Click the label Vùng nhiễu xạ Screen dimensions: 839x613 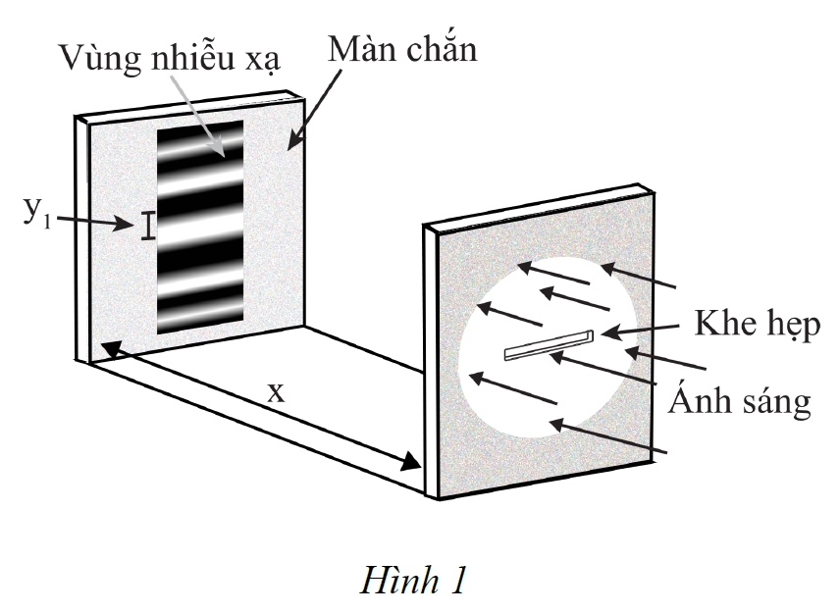click(x=170, y=57)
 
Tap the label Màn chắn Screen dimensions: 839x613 click(x=402, y=49)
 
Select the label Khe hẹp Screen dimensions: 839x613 click(x=758, y=325)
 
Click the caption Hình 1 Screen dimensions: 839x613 click(x=413, y=581)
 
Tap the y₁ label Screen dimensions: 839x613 click(x=37, y=213)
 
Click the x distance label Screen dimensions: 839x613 click(x=276, y=393)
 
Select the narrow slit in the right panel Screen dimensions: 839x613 click(x=549, y=345)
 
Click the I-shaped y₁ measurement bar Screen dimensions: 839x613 click(x=148, y=226)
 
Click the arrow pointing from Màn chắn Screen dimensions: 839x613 click(x=314, y=110)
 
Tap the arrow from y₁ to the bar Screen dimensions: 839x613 click(x=92, y=222)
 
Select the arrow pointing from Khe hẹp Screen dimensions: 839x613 click(x=640, y=330)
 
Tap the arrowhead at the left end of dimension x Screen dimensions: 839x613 click(x=110, y=350)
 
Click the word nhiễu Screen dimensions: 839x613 click(x=193, y=56)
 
